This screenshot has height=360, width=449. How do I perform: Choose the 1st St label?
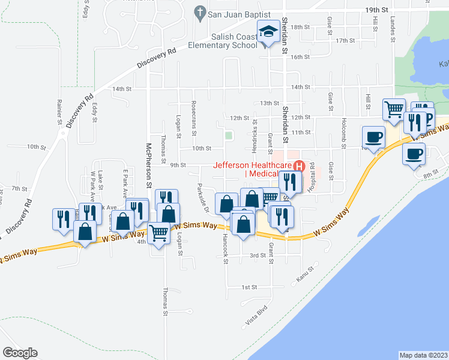tap(250, 287)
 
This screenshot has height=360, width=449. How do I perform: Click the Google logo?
tap(20, 353)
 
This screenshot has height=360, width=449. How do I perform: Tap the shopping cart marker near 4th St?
tap(158, 231)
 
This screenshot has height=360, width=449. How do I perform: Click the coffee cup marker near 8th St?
tap(414, 153)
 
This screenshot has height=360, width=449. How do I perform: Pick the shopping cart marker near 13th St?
tap(394, 110)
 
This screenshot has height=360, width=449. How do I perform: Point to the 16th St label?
tap(300, 57)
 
